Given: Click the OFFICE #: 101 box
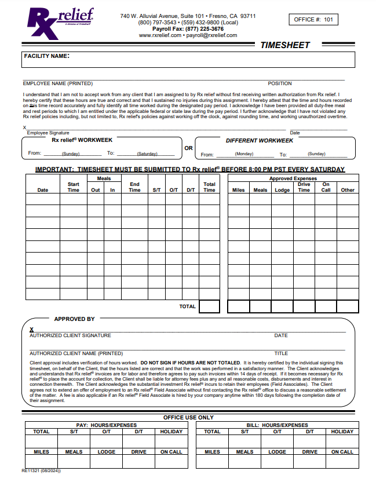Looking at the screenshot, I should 313,20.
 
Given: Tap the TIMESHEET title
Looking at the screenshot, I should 285,45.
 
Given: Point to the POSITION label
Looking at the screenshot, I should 280,83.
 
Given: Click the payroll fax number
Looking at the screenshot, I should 188,29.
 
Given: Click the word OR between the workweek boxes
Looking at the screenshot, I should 188,148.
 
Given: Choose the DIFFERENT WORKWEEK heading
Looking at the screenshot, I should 259,141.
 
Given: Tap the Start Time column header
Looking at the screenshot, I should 74,187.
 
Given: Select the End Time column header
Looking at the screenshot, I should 134,187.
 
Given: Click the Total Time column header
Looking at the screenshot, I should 209,187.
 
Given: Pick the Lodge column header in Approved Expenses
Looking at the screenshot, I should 282,190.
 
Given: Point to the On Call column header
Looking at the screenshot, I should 326,187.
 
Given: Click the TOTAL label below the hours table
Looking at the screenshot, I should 188,306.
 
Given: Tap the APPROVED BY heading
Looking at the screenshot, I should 74,319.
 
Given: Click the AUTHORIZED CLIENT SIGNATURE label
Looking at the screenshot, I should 70,335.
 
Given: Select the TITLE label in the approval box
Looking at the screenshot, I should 281,353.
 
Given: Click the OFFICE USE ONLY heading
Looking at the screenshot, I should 188,417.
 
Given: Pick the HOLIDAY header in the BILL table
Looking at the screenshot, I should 342,432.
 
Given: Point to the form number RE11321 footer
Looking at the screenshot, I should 41,470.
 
